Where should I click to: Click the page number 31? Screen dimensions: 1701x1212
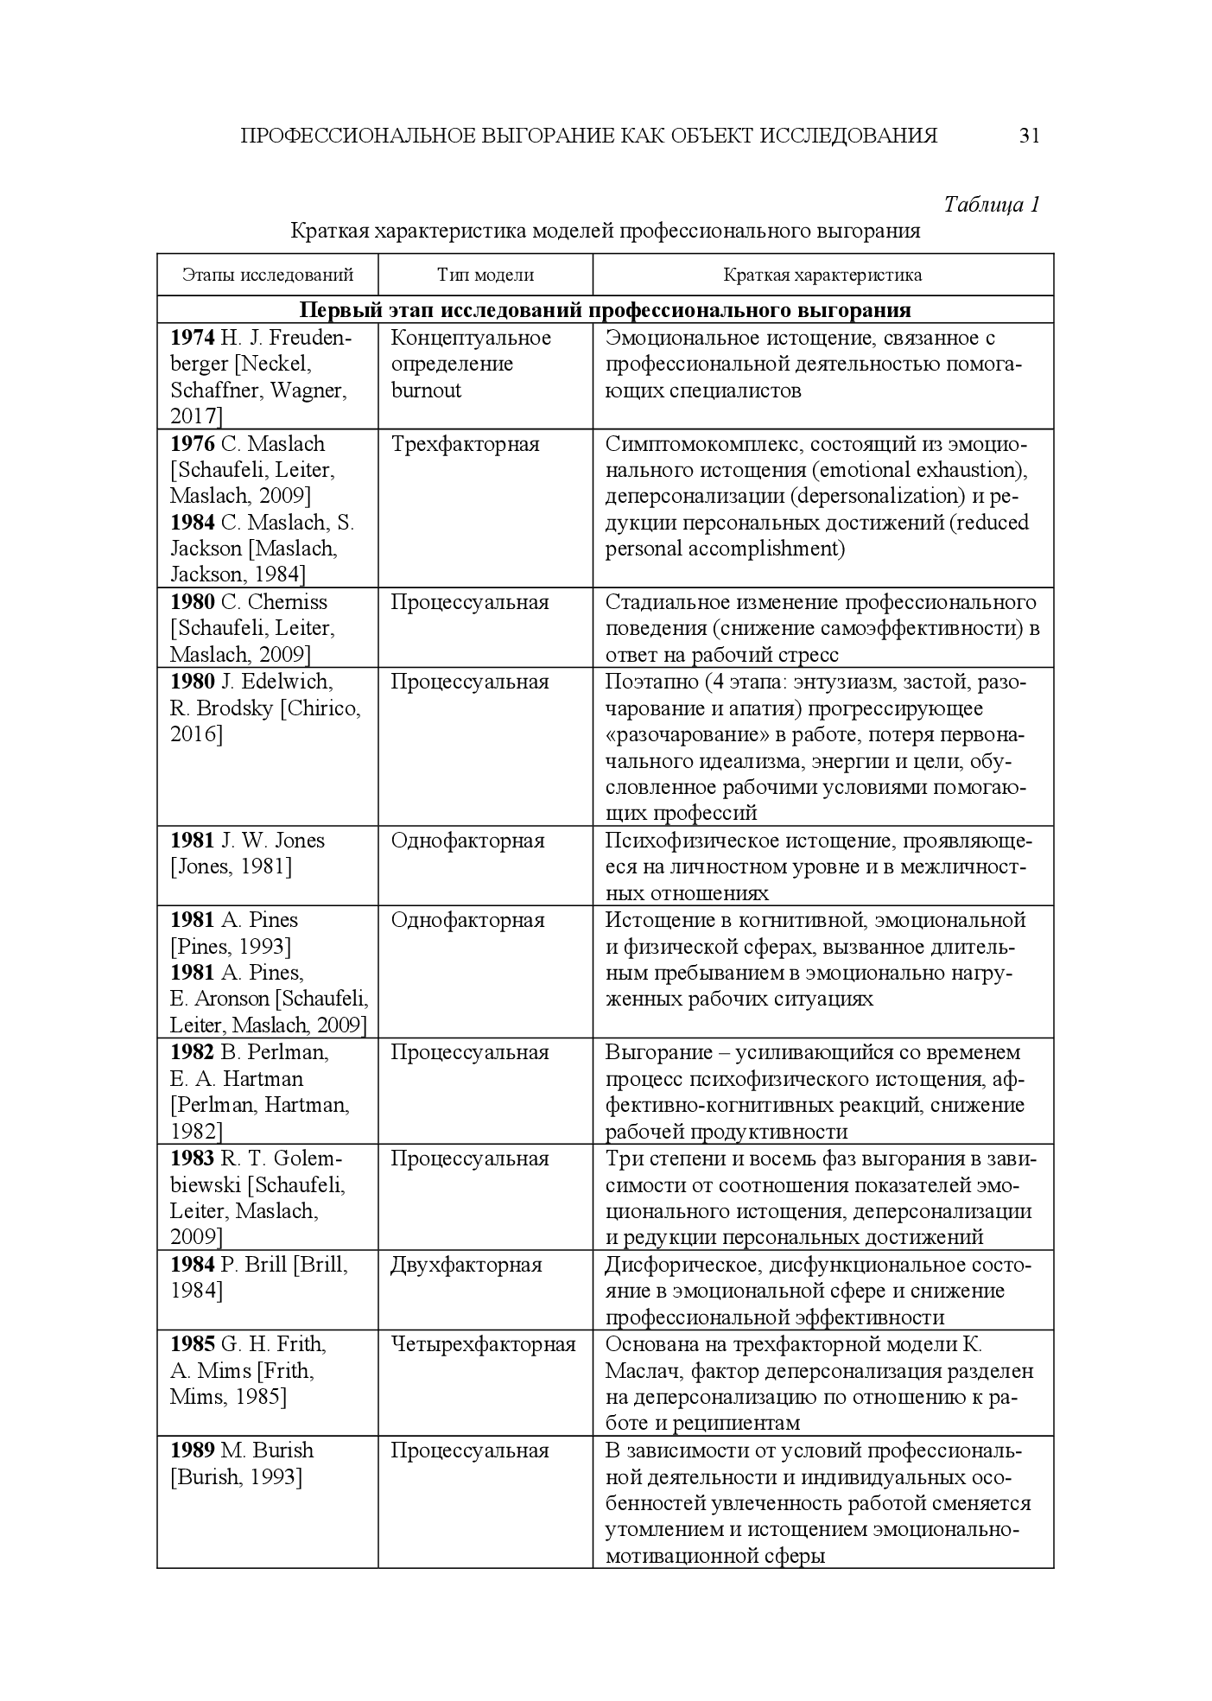click(1029, 136)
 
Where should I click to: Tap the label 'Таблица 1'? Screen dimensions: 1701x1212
click(991, 205)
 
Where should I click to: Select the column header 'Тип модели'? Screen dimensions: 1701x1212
click(485, 276)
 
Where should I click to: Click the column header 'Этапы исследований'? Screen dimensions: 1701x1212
click(268, 276)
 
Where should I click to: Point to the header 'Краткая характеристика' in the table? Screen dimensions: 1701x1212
click(822, 276)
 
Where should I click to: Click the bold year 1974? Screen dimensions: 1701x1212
click(192, 338)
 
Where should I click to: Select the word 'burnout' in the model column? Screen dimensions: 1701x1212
click(426, 390)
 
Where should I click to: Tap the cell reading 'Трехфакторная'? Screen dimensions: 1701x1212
click(465, 444)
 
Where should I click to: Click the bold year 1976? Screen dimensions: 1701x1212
click(192, 444)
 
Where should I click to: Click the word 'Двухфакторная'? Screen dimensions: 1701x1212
click(466, 1265)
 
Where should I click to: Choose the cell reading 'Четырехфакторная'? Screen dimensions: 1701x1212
click(483, 1344)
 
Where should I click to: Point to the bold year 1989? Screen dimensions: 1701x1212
click(192, 1450)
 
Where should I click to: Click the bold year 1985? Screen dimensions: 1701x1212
click(192, 1344)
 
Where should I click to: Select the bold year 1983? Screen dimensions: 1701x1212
click(192, 1158)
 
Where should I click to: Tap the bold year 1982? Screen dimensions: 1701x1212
click(192, 1052)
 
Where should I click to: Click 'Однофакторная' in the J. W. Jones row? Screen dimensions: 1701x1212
click(467, 841)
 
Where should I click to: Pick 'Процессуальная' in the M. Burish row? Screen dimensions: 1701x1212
click(469, 1450)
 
